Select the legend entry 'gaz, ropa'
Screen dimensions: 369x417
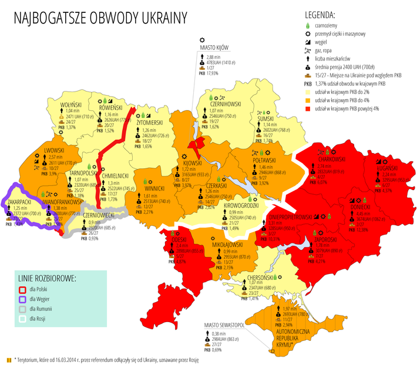[x=329, y=51]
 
